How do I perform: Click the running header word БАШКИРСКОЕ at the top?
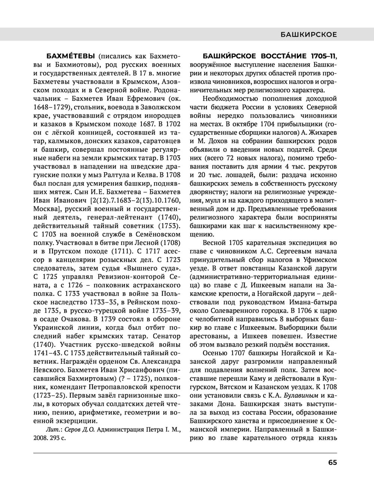pos(309,35)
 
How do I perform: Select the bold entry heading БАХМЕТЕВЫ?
pos(70,56)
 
